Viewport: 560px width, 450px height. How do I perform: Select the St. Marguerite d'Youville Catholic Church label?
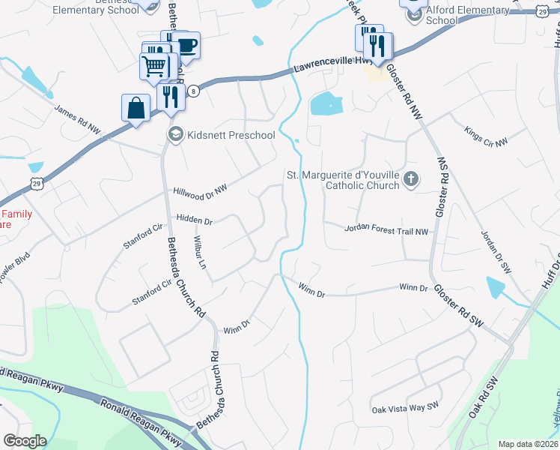343,180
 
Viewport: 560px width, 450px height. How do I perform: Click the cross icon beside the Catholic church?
410,179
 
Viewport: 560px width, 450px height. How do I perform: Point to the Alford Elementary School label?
457,15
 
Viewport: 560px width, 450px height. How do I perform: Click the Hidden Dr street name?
195,221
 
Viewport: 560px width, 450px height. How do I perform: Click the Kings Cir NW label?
485,136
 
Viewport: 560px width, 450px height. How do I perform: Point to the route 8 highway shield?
193,91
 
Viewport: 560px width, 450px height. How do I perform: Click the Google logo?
25,441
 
